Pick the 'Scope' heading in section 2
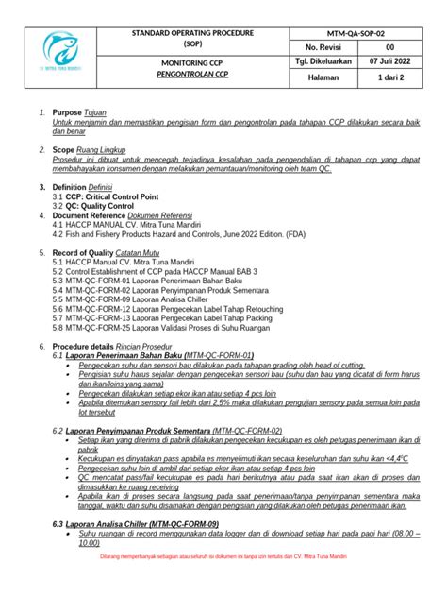(65, 150)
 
